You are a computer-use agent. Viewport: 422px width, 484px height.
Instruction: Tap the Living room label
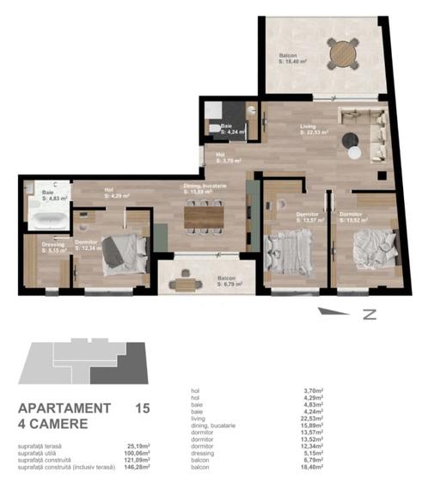[309, 128]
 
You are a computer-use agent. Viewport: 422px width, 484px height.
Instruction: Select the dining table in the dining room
[204, 216]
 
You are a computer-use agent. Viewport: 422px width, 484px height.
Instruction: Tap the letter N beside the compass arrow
[370, 315]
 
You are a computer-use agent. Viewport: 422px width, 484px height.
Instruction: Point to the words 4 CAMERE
[53, 424]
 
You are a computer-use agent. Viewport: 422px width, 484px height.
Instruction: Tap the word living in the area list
[199, 420]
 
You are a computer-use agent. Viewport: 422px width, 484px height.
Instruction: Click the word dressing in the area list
[203, 454]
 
